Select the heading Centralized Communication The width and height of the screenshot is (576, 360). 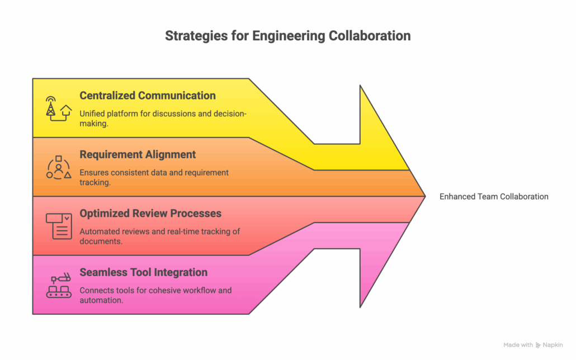(x=148, y=96)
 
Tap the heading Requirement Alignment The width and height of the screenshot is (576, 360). (x=138, y=154)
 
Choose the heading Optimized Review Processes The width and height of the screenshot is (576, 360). (x=150, y=214)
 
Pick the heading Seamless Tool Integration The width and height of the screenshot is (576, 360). (x=143, y=272)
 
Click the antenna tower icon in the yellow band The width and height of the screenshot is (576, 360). (x=51, y=106)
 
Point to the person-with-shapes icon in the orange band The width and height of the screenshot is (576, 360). (x=58, y=167)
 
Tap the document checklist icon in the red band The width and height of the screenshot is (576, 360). (x=58, y=226)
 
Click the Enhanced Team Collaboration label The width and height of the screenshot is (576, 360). (x=494, y=196)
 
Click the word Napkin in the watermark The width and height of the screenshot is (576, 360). (x=554, y=345)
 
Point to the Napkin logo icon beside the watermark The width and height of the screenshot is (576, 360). (x=538, y=345)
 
